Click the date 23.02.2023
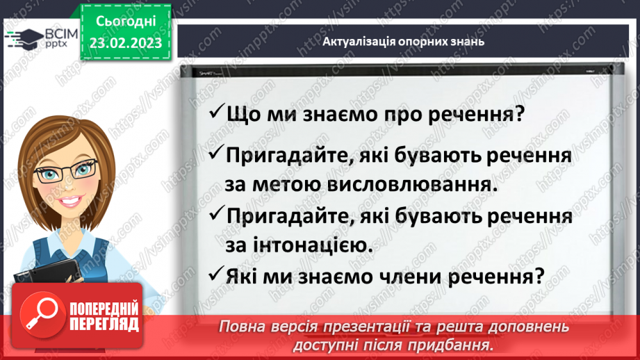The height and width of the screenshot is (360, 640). (126, 43)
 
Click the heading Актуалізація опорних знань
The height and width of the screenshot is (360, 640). (403, 41)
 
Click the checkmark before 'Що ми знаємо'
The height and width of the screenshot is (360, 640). (216, 113)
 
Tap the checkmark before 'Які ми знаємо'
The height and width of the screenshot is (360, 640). (216, 275)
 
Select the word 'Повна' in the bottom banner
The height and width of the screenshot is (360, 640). (244, 326)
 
